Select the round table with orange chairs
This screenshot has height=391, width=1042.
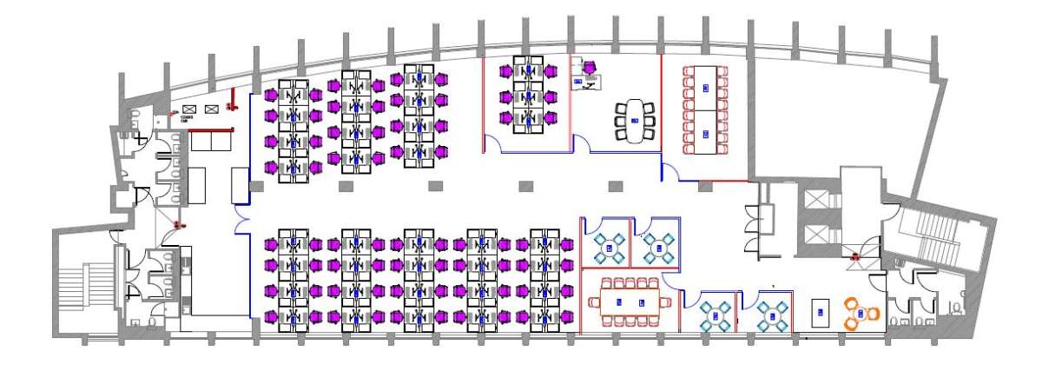860,314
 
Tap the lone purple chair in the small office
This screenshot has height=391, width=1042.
590,66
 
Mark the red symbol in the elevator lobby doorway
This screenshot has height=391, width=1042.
855,256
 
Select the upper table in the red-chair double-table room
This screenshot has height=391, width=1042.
705,87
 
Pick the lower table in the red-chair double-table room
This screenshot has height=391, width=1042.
705,133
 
